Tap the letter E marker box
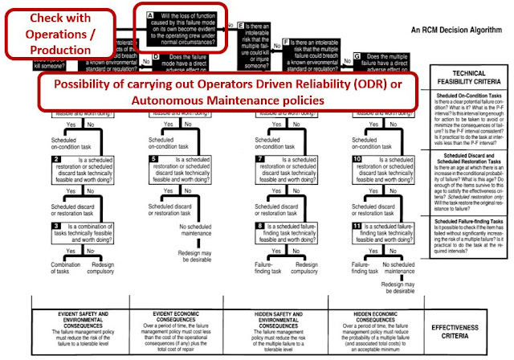point(241,26)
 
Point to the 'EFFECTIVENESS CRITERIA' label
point(471,329)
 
